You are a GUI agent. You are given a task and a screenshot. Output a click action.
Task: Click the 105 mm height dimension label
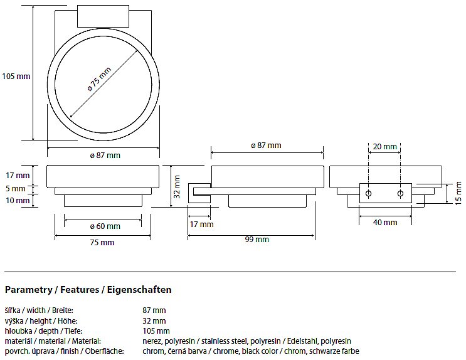pyautogui.click(x=16, y=77)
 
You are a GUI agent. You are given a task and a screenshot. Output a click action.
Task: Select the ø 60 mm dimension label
pyautogui.click(x=105, y=226)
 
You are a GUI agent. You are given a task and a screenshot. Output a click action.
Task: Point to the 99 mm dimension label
pyautogui.click(x=257, y=239)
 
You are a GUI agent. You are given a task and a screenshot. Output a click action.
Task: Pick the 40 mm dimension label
pyautogui.click(x=385, y=222)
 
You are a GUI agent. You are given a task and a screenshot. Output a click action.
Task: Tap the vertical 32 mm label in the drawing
pyautogui.click(x=177, y=186)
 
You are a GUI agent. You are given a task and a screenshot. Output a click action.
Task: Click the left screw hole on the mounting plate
pyautogui.click(x=369, y=193)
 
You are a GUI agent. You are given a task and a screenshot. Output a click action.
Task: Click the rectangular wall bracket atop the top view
pyautogui.click(x=103, y=17)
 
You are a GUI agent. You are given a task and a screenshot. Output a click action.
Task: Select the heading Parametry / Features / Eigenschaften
pyautogui.click(x=88, y=290)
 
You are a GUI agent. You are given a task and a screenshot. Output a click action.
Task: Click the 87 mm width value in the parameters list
pyautogui.click(x=154, y=310)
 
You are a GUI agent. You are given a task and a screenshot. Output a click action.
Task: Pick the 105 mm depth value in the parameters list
pyautogui.click(x=156, y=331)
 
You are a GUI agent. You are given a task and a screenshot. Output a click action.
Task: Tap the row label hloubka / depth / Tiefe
pyautogui.click(x=44, y=331)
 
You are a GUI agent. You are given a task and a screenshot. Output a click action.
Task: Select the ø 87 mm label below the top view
pyautogui.click(x=105, y=155)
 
